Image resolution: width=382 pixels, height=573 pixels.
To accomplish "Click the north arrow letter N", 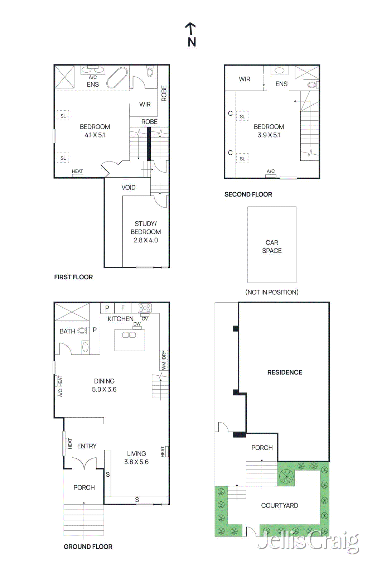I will (192, 42).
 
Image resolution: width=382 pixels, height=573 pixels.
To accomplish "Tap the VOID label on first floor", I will (128, 188).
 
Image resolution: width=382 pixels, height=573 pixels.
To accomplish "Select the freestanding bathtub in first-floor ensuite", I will (117, 77).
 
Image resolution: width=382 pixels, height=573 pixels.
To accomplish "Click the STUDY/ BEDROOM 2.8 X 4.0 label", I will (145, 232).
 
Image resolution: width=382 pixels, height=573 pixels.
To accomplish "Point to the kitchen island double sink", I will (129, 335).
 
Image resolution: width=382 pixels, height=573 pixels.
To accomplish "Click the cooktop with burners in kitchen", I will (145, 308).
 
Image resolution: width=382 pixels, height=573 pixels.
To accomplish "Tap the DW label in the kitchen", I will (137, 324).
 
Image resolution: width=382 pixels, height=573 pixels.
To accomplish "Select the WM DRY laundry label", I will (164, 360).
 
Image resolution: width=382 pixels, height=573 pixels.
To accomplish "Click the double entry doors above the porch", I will (84, 463).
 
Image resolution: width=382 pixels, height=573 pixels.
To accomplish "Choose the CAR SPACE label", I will (272, 247).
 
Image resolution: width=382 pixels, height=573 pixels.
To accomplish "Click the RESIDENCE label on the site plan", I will (285, 372).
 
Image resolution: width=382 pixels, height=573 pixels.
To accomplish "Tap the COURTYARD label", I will (279, 505).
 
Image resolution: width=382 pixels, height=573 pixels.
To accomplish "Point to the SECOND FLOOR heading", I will (248, 194).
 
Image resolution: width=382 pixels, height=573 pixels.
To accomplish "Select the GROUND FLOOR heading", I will (88, 546).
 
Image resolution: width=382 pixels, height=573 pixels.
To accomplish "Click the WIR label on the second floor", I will (245, 79).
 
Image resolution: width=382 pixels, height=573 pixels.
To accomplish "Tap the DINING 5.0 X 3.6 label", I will (104, 385).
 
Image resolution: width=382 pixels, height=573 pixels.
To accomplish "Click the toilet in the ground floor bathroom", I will (85, 347).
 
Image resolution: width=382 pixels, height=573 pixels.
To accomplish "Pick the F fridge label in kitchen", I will (123, 308).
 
